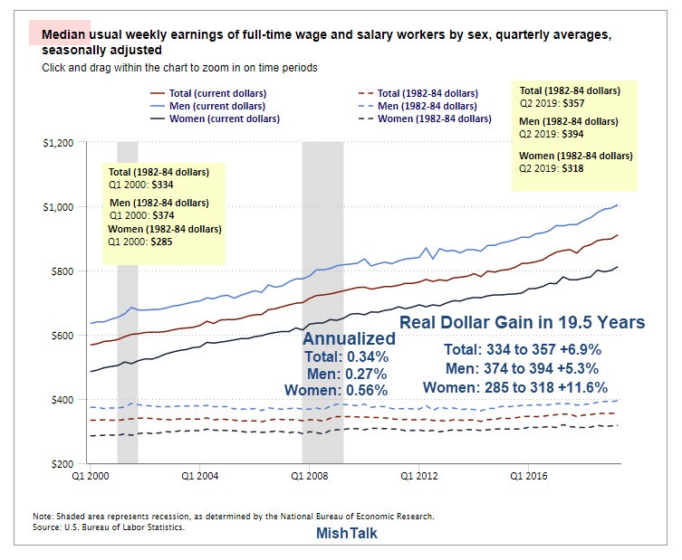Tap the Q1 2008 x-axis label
(x=308, y=474)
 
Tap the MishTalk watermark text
(x=347, y=534)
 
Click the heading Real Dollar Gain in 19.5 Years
(x=522, y=323)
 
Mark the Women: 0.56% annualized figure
(x=336, y=390)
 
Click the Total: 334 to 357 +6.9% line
(x=523, y=349)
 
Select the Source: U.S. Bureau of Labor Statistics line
(x=109, y=527)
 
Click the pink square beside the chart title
(x=47, y=33)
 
